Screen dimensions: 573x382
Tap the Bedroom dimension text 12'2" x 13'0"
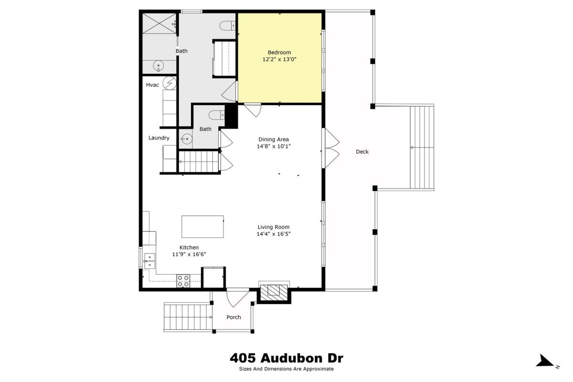279,59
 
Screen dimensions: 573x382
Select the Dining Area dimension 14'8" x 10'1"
274,146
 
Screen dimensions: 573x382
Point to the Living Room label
274,227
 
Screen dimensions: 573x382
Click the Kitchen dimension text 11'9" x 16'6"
189,255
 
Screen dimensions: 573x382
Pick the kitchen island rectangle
202,226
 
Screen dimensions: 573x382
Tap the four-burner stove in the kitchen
183,281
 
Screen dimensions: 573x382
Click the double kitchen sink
149,261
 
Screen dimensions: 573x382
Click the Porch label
234,317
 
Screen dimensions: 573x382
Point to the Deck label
362,152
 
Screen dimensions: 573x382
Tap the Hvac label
152,85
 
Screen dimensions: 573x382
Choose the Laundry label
159,138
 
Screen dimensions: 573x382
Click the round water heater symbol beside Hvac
170,83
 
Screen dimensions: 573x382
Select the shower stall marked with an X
159,23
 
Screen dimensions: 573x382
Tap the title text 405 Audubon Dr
286,358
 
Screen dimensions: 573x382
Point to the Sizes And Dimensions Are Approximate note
286,369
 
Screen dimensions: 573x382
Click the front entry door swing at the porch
238,297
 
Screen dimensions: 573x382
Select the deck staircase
422,148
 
